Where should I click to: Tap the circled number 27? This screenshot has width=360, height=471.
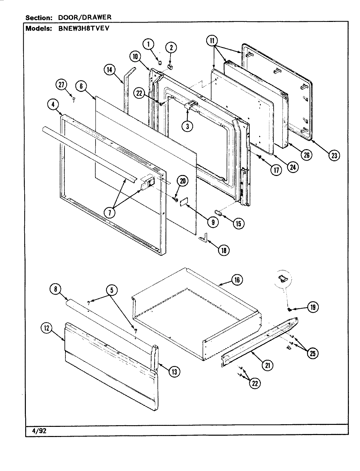click(x=61, y=85)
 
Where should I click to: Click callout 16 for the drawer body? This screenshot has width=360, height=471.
click(x=237, y=280)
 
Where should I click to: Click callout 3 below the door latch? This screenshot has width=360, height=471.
click(x=187, y=126)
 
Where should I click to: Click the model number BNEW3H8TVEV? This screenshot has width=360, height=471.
click(x=83, y=28)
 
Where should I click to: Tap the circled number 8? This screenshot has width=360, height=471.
click(x=55, y=289)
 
